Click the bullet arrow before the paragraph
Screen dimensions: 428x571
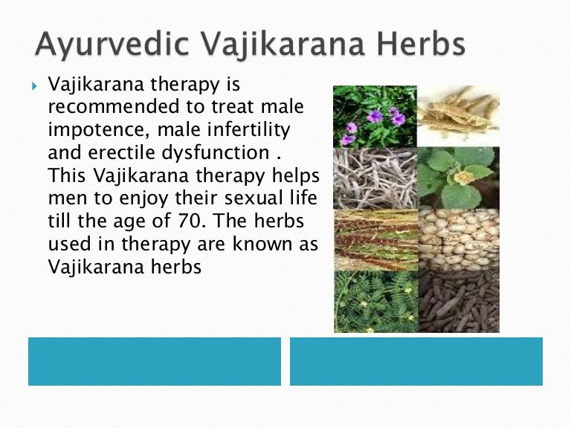[x=34, y=88]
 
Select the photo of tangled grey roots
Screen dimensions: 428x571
[x=375, y=178]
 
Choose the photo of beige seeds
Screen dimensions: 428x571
[x=458, y=239]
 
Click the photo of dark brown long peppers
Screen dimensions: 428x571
[x=458, y=301]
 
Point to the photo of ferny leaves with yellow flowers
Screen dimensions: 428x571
[x=375, y=301]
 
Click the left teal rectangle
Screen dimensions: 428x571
[x=155, y=361]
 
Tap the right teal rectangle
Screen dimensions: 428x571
[x=416, y=361]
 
